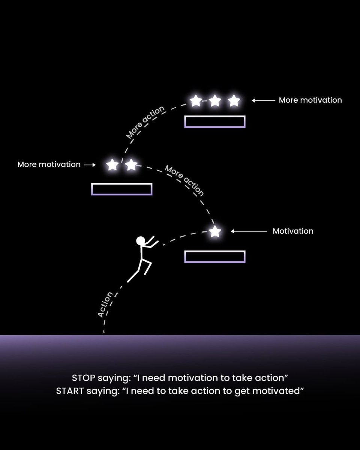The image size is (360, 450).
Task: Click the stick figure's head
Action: click(x=140, y=240)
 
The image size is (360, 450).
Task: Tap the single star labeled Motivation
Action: click(x=215, y=232)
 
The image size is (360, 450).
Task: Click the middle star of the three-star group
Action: click(x=215, y=100)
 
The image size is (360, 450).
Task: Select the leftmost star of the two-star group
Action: click(x=112, y=165)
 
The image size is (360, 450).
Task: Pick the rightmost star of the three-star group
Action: click(x=234, y=100)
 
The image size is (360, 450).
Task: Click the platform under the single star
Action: click(x=215, y=256)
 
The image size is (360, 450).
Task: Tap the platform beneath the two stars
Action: click(x=122, y=189)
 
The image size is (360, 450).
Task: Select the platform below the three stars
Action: click(x=215, y=121)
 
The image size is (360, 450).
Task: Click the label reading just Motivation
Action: click(x=293, y=231)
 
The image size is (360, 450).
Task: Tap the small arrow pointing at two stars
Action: click(x=90, y=165)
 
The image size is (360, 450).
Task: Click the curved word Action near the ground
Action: click(x=105, y=304)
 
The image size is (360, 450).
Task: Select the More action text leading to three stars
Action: click(x=145, y=122)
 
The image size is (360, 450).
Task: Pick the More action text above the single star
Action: click(x=185, y=181)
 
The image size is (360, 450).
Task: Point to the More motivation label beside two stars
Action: click(x=49, y=164)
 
